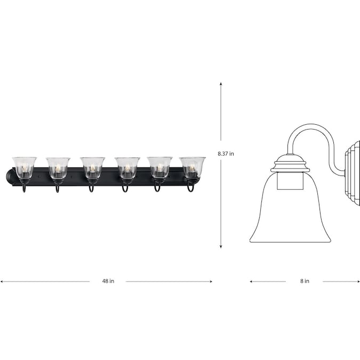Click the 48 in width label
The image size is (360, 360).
pyautogui.click(x=108, y=281)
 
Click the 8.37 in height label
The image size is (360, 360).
pyautogui.click(x=226, y=154)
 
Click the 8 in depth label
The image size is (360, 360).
pyautogui.click(x=305, y=281)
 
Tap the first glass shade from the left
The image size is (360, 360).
pyautogui.click(x=25, y=167)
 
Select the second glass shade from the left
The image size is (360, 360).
pyautogui.click(x=58, y=168)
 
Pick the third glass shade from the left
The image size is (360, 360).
pyautogui.click(x=92, y=167)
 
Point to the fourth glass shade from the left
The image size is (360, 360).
pyautogui.click(x=127, y=168)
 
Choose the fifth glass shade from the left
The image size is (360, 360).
pyautogui.click(x=159, y=167)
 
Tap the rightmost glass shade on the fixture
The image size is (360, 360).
pyautogui.click(x=193, y=167)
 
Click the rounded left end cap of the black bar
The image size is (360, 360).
pyautogui.click(x=10, y=177)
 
